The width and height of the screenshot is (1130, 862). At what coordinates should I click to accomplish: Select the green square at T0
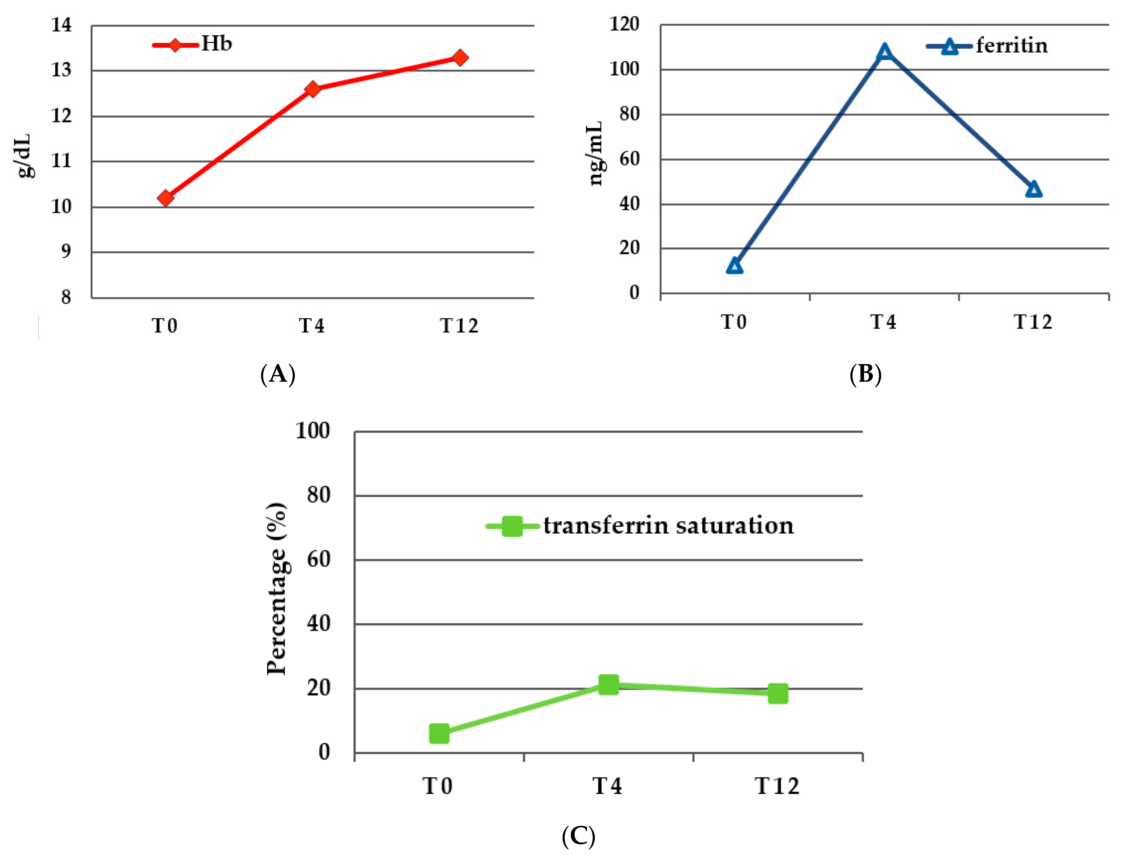[439, 734]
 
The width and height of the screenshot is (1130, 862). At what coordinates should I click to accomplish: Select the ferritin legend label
[1011, 46]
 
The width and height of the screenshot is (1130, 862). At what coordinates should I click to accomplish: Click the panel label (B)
[865, 374]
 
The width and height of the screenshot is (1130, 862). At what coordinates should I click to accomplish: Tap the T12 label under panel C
[777, 786]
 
